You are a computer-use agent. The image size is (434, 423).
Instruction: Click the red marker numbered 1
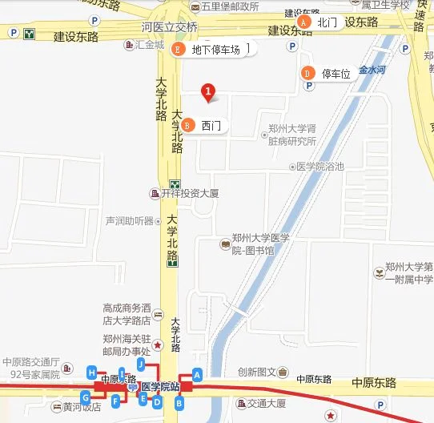pyautogui.click(x=208, y=93)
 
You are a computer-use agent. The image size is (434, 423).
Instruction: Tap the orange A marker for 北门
pyautogui.click(x=303, y=22)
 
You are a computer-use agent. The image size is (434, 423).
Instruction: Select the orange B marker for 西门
pyautogui.click(x=187, y=125)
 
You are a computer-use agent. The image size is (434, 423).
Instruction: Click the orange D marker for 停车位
pyautogui.click(x=307, y=74)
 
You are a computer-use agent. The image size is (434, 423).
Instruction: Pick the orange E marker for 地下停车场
pyautogui.click(x=178, y=49)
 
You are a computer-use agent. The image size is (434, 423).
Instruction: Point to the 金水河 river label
pyautogui.click(x=372, y=70)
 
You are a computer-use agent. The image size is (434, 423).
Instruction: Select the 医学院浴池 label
pyautogui.click(x=319, y=167)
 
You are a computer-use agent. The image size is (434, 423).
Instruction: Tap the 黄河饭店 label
pyautogui.click(x=82, y=406)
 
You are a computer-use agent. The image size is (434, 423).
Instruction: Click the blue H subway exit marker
pyautogui.click(x=92, y=373)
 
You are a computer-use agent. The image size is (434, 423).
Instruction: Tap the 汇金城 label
pyautogui.click(x=148, y=45)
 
